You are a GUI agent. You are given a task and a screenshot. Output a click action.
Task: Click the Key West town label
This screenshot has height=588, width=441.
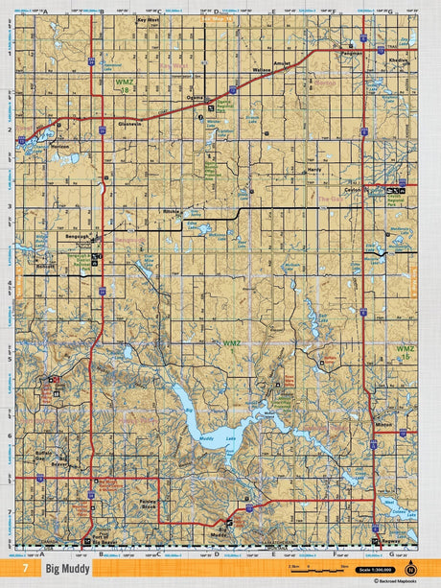tap(148, 19)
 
